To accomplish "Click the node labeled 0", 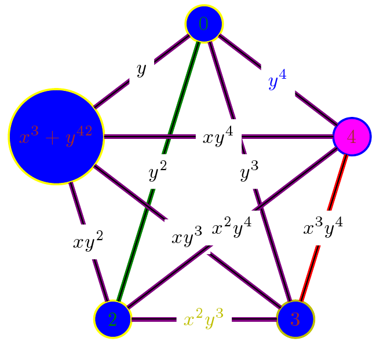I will (204, 24).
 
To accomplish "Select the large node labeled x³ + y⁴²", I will (56, 137).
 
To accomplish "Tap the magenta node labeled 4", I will (352, 137).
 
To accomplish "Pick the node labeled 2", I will (113, 319).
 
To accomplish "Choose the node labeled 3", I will (295, 319).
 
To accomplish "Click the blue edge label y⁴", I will (278, 82).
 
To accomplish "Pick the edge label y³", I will (249, 171).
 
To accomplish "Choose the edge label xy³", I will (187, 237).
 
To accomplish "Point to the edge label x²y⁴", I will (231, 226).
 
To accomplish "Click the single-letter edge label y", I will (141, 70).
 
